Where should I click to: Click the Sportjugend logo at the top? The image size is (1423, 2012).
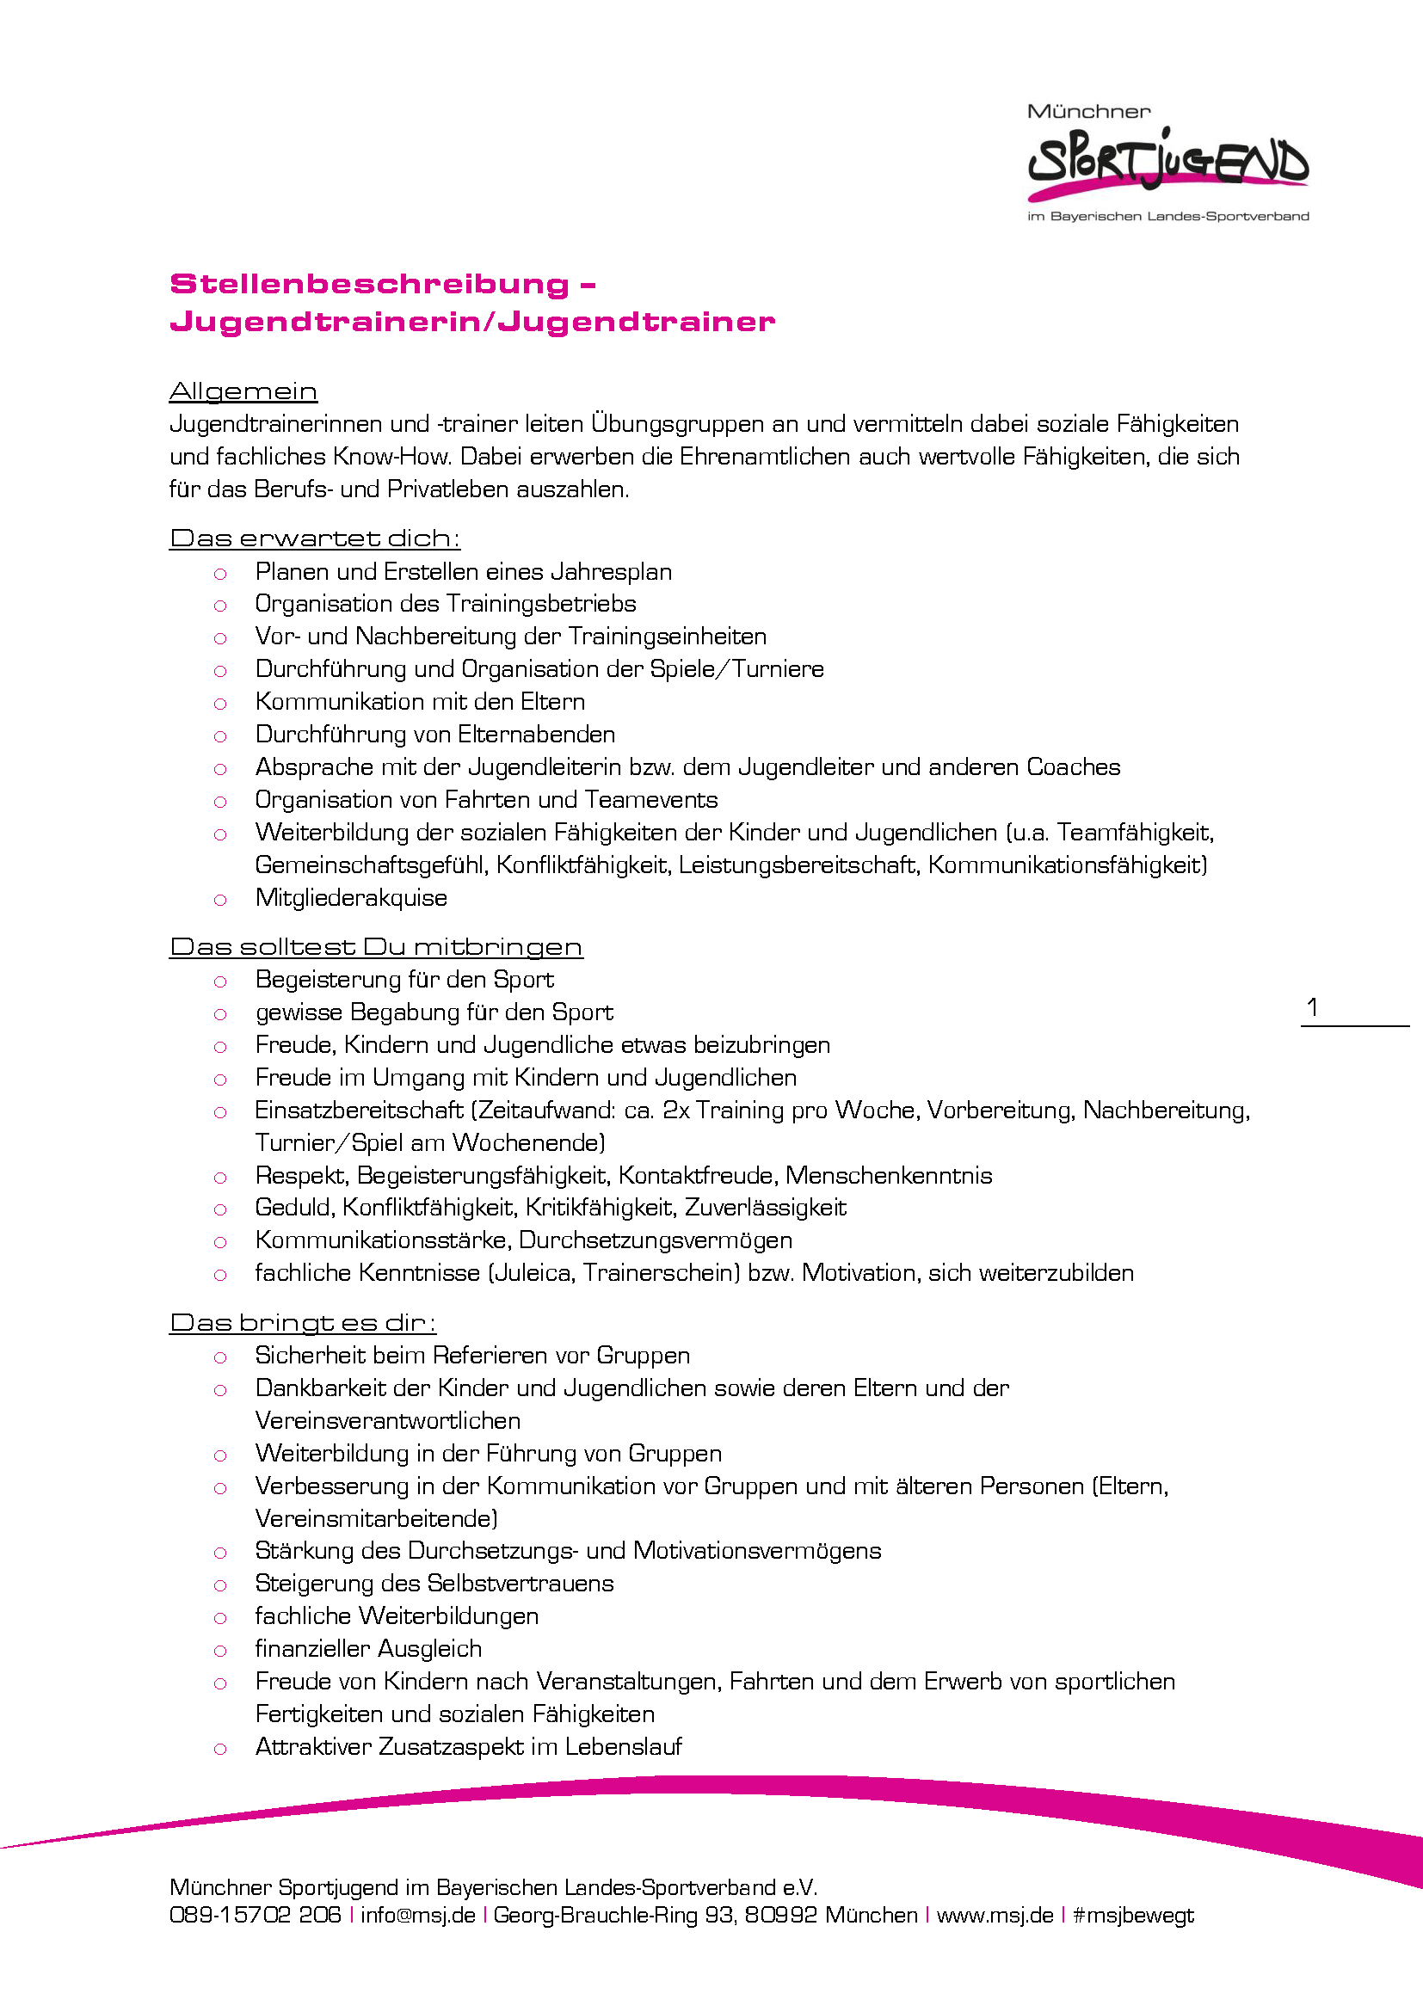(1167, 162)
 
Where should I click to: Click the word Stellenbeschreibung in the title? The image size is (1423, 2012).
(369, 284)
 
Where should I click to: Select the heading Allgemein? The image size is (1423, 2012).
(243, 391)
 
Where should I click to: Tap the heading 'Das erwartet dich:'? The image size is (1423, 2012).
(315, 537)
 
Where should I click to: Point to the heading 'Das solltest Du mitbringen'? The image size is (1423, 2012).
(375, 946)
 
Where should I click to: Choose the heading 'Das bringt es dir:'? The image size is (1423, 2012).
(302, 1322)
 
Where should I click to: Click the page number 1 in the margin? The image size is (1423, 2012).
(1312, 1007)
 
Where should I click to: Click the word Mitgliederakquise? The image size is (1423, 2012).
(351, 897)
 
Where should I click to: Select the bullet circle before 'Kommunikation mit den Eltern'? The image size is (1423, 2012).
(220, 704)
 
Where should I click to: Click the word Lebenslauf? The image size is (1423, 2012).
(623, 1746)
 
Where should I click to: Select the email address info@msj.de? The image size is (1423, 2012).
(418, 1915)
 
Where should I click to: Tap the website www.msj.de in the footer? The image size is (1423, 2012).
(995, 1915)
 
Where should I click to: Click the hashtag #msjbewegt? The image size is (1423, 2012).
(1133, 1915)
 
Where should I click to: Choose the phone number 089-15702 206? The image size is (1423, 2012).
(255, 1915)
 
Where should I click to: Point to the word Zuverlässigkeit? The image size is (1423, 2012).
(765, 1208)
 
